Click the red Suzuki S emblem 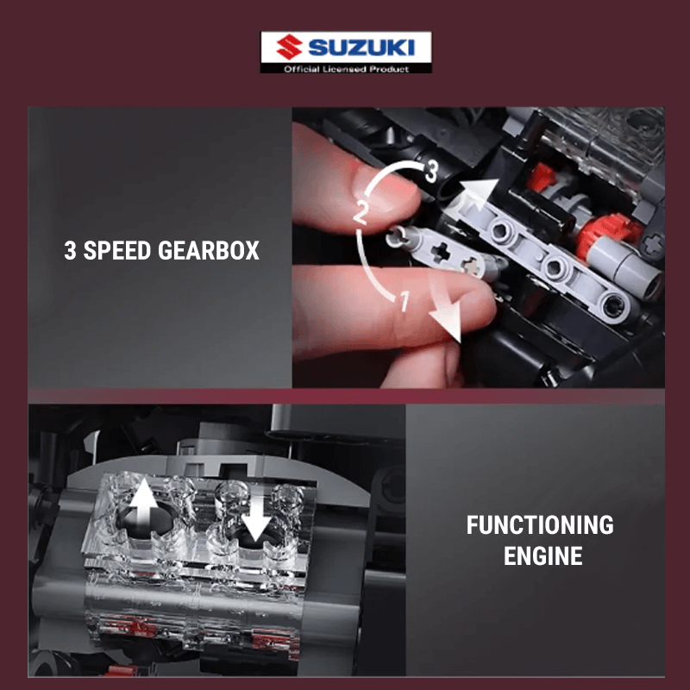[289, 47]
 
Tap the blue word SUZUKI [361, 47]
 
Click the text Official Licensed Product [347, 69]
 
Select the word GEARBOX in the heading [209, 250]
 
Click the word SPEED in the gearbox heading [117, 250]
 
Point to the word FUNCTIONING [540, 525]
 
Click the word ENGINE [543, 555]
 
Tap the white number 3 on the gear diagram [430, 171]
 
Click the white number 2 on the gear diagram [360, 213]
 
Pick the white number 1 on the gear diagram [405, 302]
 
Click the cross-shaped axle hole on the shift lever [440, 252]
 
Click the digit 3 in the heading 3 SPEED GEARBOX [70, 250]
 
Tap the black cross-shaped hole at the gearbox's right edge [653, 243]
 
